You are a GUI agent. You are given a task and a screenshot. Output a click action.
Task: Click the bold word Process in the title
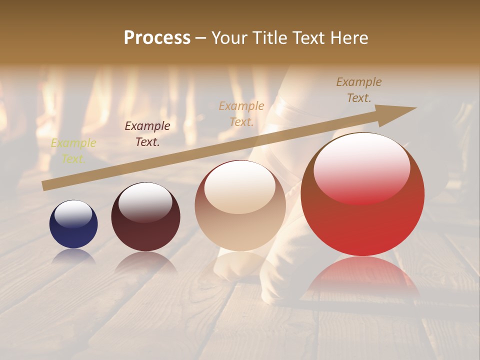[157, 37]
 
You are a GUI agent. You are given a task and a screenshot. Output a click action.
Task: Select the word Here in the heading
[349, 37]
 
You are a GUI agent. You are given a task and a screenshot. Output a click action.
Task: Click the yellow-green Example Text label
[73, 151]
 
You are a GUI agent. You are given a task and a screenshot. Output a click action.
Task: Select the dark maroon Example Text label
[147, 134]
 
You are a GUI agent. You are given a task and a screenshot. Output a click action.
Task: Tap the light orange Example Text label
[241, 113]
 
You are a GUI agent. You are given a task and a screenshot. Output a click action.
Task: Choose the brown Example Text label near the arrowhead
[359, 90]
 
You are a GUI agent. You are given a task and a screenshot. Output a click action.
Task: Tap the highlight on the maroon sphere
[145, 202]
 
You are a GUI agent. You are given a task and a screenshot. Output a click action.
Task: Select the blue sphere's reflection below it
[74, 256]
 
